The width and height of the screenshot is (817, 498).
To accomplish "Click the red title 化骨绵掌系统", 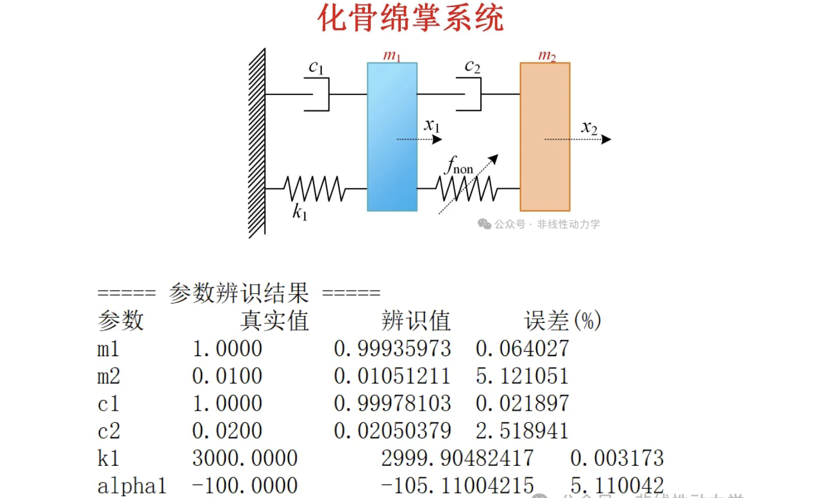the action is click(x=411, y=18).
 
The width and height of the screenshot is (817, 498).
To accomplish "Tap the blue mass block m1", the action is click(x=392, y=137).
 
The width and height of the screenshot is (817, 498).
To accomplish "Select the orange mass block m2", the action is click(x=544, y=137).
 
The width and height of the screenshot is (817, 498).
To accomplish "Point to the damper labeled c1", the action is click(x=316, y=94).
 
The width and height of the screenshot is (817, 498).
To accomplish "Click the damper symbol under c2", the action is click(x=469, y=94).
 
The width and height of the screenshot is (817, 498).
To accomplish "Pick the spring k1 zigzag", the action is click(x=314, y=189).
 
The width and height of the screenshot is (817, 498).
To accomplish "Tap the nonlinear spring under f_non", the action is click(x=466, y=189).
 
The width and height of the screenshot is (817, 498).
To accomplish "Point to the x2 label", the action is click(x=589, y=128).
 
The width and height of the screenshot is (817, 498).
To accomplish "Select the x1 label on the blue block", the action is click(x=432, y=125).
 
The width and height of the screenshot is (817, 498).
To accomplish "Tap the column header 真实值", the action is click(x=274, y=320).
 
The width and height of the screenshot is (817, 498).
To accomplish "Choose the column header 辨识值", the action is click(x=416, y=320).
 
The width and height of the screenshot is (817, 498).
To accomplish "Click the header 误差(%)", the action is click(x=562, y=320).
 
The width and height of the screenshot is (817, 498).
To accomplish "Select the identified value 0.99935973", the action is click(x=392, y=348).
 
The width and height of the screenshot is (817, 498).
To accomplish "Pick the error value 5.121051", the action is click(x=522, y=376).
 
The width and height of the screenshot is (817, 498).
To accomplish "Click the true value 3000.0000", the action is click(x=245, y=458).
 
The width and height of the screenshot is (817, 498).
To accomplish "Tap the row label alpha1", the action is click(x=131, y=486).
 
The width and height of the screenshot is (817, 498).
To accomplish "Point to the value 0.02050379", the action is click(x=392, y=431).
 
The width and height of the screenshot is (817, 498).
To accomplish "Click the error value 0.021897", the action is click(x=522, y=403).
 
